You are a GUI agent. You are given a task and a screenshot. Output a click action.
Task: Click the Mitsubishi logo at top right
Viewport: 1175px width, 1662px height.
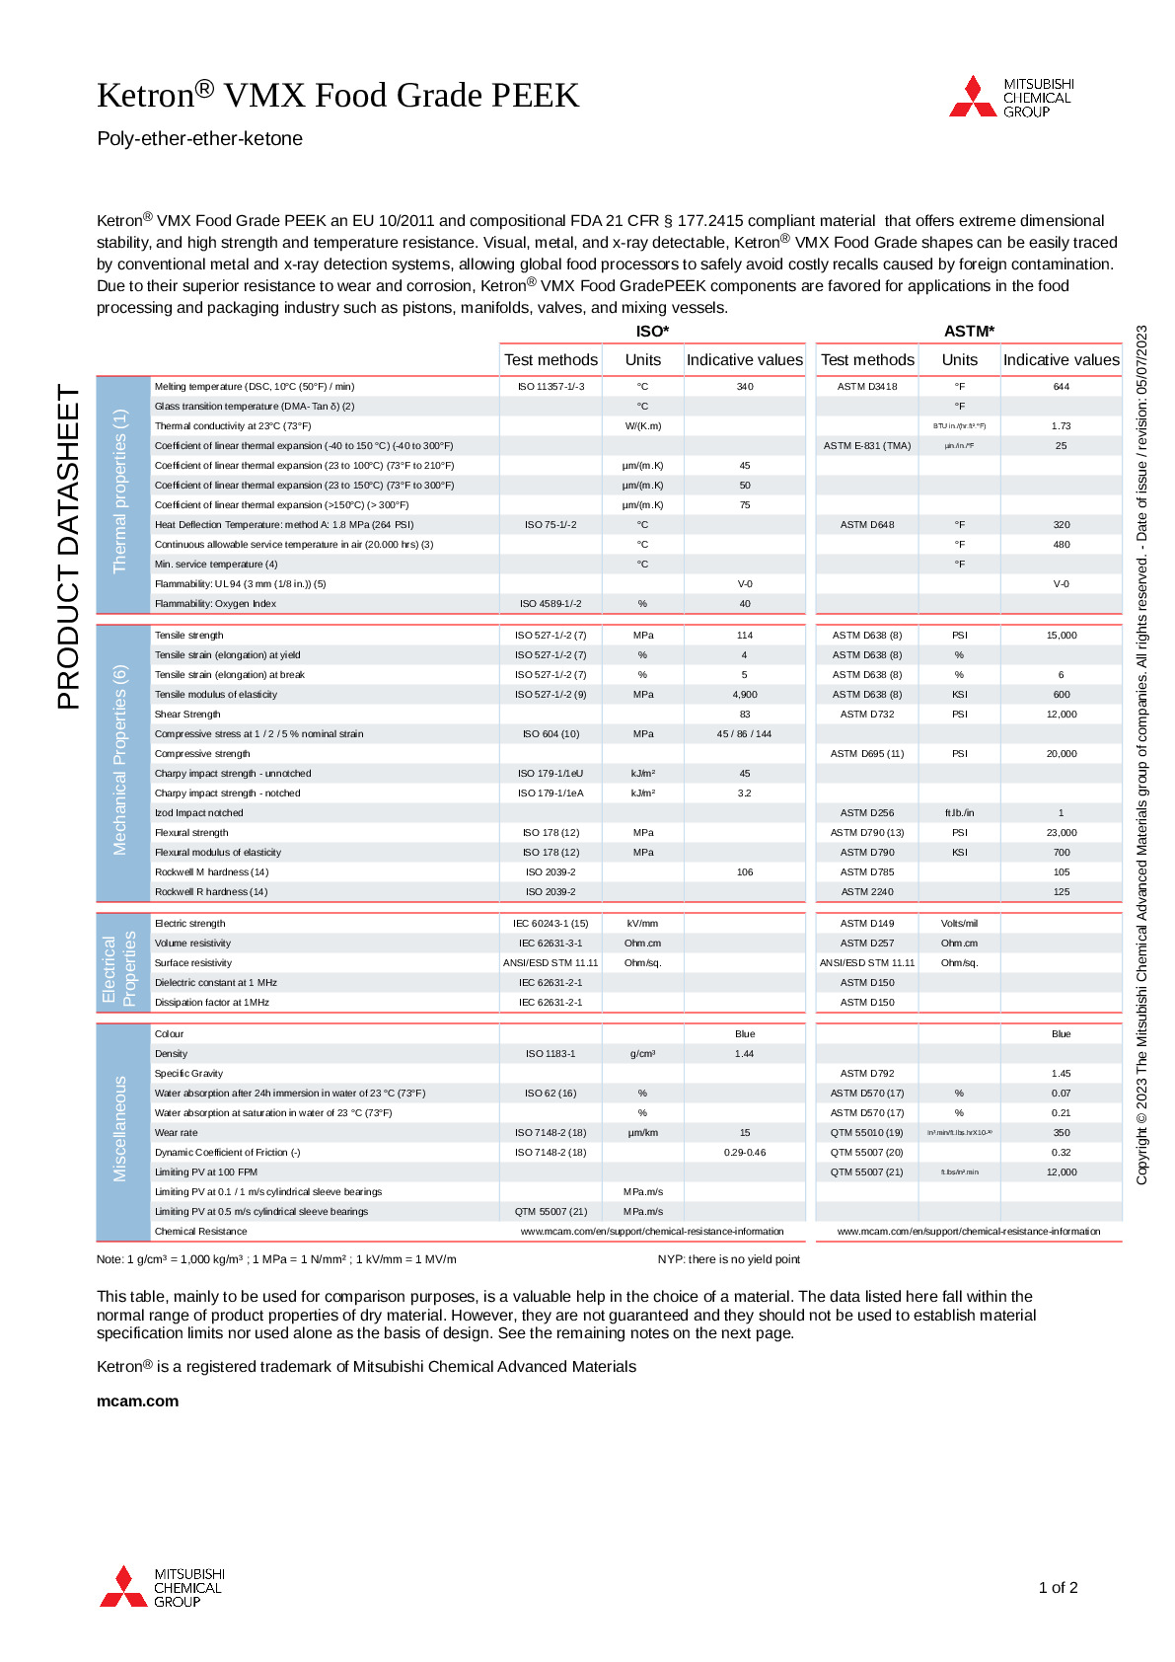click(x=1010, y=97)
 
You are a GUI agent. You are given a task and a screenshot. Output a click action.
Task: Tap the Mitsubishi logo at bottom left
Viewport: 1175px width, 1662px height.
click(x=162, y=1587)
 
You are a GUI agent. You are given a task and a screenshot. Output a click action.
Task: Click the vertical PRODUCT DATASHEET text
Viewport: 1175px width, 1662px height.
click(x=68, y=547)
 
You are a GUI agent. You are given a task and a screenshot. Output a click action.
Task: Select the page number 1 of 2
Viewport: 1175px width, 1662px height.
click(x=1058, y=1588)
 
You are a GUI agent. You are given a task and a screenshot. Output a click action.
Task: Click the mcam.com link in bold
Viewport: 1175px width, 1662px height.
click(x=137, y=1400)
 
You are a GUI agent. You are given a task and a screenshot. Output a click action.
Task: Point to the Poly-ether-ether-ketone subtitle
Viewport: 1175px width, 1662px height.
click(x=199, y=139)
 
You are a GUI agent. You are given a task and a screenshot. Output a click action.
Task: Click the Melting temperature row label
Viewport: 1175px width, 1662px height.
click(x=254, y=387)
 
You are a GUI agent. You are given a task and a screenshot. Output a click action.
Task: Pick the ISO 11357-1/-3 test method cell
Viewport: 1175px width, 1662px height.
click(x=551, y=387)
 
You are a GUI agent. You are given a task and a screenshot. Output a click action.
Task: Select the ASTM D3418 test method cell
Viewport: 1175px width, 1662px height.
click(x=867, y=387)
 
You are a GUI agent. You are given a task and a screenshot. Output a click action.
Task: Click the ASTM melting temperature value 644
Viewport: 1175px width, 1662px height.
click(x=1061, y=387)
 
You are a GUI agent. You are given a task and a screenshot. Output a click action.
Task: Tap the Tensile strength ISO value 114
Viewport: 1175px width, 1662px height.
click(x=744, y=636)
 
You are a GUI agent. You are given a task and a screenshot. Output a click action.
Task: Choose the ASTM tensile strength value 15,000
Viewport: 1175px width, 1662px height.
click(x=1061, y=636)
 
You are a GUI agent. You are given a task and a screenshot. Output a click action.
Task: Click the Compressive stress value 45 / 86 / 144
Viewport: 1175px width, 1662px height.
click(x=744, y=734)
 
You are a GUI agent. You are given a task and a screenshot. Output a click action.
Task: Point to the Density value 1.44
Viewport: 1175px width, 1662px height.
click(x=744, y=1054)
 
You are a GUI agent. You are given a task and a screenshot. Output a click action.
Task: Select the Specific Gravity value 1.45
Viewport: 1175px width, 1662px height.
click(x=1061, y=1074)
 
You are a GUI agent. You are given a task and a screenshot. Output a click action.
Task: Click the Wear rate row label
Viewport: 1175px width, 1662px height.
click(x=176, y=1133)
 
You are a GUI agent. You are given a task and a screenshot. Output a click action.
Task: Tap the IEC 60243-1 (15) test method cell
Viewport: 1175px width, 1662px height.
click(x=551, y=924)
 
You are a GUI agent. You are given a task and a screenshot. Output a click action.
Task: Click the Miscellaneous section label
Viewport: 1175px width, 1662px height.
click(x=120, y=1129)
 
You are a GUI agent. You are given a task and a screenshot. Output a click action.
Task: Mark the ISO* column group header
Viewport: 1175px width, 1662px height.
click(x=652, y=332)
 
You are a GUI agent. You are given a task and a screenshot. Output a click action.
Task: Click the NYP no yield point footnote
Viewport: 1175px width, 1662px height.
click(x=728, y=1259)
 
